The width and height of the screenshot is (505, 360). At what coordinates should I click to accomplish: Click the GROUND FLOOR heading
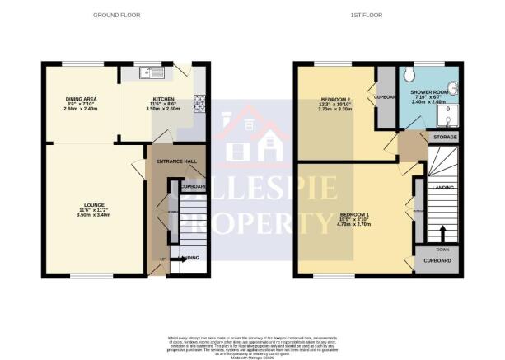[x=116, y=16]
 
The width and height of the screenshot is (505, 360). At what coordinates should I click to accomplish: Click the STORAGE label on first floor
[x=445, y=136]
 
